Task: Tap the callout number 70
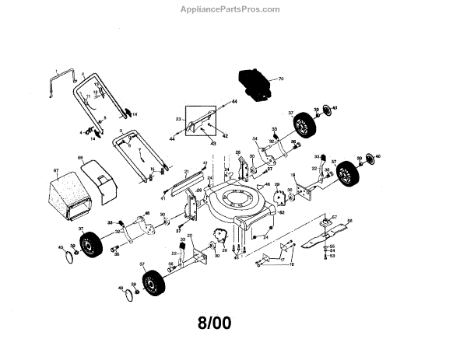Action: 282,79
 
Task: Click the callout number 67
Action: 56,170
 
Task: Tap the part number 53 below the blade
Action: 332,255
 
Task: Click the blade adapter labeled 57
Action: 320,222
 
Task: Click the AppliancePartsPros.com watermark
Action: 233,9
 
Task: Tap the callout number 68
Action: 79,159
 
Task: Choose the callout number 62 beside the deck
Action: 282,212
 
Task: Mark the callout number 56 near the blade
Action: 349,221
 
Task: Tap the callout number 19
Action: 291,177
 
